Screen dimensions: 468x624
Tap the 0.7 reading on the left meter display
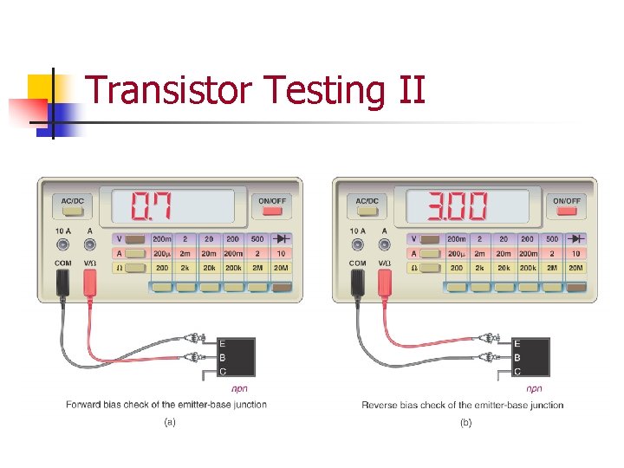pyautogui.click(x=151, y=206)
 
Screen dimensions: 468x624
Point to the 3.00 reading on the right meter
pyautogui.click(x=458, y=206)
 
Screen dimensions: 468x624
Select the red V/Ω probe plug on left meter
pyautogui.click(x=89, y=283)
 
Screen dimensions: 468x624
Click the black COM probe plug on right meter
pyautogui.click(x=357, y=283)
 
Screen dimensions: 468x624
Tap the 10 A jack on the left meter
pyautogui.click(x=62, y=244)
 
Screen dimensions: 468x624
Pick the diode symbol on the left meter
pyautogui.click(x=281, y=238)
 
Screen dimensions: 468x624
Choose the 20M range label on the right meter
pyautogui.click(x=575, y=269)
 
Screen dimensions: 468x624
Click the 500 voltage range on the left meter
pyautogui.click(x=257, y=238)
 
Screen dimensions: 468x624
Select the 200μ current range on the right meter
pyautogui.click(x=457, y=254)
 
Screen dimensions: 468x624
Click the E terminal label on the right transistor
pyautogui.click(x=517, y=343)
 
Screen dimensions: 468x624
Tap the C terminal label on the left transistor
pyautogui.click(x=223, y=372)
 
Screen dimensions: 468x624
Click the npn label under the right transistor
pyautogui.click(x=535, y=388)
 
